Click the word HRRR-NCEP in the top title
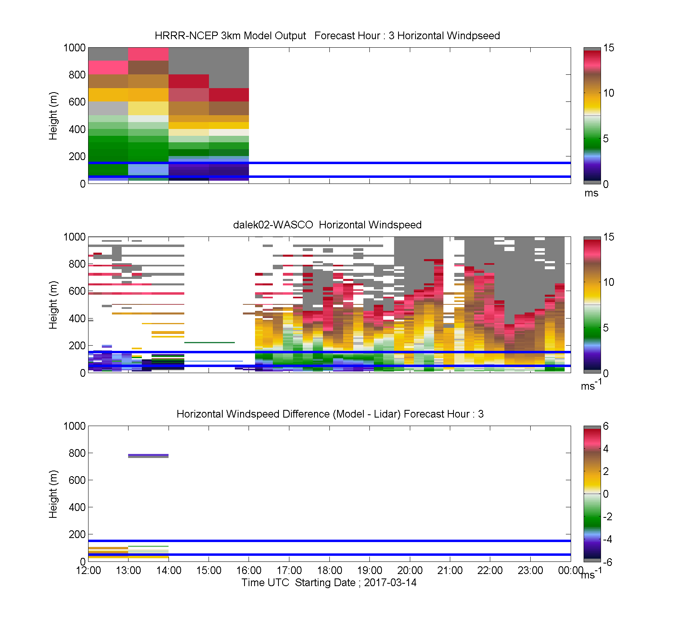click(x=186, y=36)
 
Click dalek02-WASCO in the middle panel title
click(x=273, y=225)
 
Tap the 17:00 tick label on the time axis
click(x=289, y=570)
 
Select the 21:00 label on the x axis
click(x=450, y=570)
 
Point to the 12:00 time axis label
click(x=89, y=570)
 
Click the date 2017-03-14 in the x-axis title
click(x=390, y=582)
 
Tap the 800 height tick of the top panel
click(x=77, y=75)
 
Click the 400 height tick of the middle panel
click(x=77, y=319)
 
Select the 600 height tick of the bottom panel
click(x=77, y=480)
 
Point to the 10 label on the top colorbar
click(x=609, y=93)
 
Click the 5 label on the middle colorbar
click(x=606, y=328)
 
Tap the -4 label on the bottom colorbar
click(x=607, y=539)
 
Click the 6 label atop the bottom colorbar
click(x=606, y=426)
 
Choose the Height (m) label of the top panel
click(x=53, y=116)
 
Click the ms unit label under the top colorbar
click(x=591, y=193)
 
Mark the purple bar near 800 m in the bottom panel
click(x=148, y=455)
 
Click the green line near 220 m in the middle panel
click(x=209, y=342)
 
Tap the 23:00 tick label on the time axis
click(x=530, y=570)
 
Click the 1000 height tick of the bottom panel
click(x=75, y=426)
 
